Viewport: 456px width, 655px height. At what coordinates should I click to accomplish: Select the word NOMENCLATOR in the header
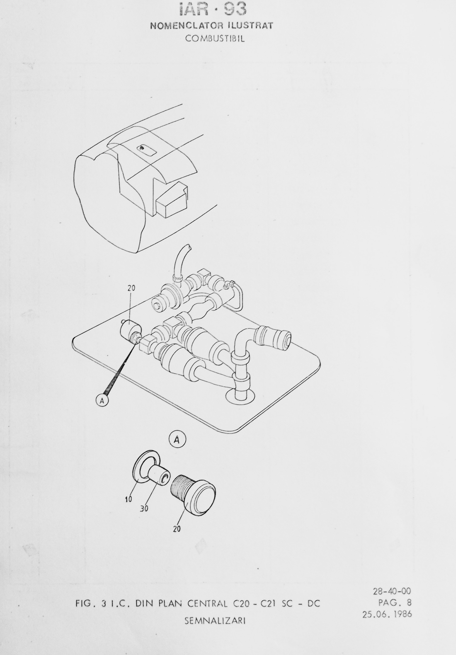click(x=184, y=26)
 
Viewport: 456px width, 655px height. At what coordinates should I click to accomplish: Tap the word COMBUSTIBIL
click(x=215, y=39)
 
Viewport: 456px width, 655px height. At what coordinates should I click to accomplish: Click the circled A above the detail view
click(x=177, y=448)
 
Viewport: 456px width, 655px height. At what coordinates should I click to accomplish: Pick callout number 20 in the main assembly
click(x=131, y=288)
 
